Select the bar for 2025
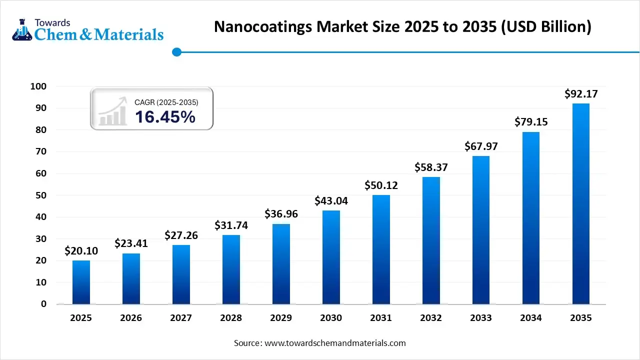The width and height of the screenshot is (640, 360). click(x=81, y=282)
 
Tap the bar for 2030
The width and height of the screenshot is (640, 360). click(x=331, y=257)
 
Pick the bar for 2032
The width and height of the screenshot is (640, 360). click(x=431, y=240)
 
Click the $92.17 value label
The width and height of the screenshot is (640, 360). click(x=581, y=93)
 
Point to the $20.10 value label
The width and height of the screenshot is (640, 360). click(x=81, y=251)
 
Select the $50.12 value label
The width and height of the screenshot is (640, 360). click(x=381, y=185)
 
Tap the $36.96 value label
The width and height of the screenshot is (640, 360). click(x=281, y=214)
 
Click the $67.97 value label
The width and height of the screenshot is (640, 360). click(x=481, y=146)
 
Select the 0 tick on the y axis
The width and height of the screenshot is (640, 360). click(x=44, y=304)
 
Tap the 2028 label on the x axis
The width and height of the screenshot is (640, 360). click(x=231, y=318)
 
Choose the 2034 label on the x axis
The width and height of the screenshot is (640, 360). click(x=531, y=318)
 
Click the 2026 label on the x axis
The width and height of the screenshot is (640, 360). click(x=131, y=318)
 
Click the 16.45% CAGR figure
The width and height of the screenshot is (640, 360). click(x=165, y=117)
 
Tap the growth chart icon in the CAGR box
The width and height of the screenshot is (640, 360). click(x=112, y=112)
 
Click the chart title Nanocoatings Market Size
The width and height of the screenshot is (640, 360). click(x=402, y=27)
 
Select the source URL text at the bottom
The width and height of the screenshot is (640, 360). click(x=319, y=343)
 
